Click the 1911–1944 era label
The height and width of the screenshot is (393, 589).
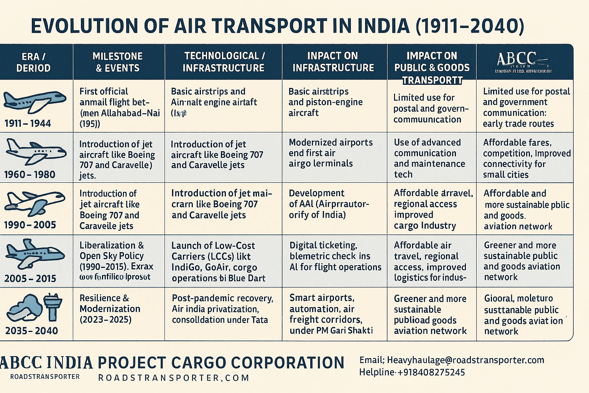[x=28, y=123]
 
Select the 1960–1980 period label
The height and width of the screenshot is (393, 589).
[x=30, y=175]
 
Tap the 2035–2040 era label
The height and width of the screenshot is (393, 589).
[x=31, y=330]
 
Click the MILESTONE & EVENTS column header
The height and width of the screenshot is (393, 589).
[x=118, y=62]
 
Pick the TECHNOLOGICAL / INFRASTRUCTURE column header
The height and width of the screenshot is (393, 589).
[x=224, y=62]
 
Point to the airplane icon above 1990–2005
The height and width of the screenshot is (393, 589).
[x=34, y=204]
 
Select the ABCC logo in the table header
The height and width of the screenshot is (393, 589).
[x=523, y=61]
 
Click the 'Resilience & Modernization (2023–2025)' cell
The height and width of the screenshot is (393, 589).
[x=110, y=309]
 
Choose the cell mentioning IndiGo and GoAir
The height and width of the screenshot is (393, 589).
[x=219, y=262]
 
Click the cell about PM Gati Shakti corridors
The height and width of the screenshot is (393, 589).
[x=331, y=314]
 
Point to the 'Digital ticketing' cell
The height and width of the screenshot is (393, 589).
[x=335, y=256]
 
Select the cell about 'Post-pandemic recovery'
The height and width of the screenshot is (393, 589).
[x=222, y=309]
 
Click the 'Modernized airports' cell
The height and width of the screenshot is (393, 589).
[x=331, y=153]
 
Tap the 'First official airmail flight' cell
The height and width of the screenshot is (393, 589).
[x=119, y=107]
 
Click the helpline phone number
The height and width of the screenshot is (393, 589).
[x=412, y=372]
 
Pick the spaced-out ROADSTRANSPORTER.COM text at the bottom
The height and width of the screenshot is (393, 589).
[x=174, y=378]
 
